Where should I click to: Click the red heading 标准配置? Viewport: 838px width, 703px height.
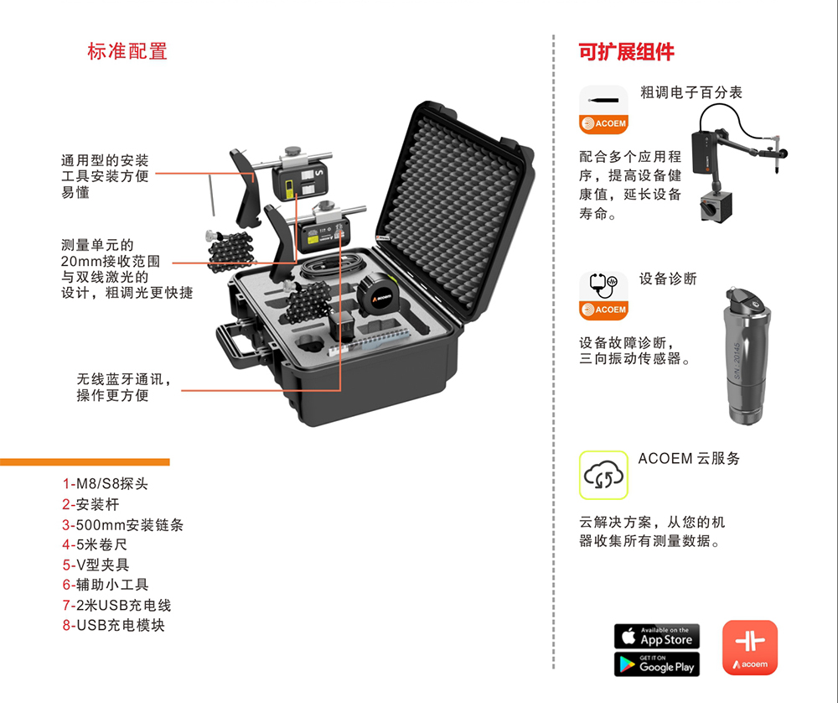[x=127, y=51]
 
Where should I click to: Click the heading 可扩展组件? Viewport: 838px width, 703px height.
[x=626, y=52]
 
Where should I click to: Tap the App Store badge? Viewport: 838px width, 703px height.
[x=657, y=636]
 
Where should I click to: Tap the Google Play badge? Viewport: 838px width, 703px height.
[x=657, y=664]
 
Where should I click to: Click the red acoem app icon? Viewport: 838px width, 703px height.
[x=750, y=648]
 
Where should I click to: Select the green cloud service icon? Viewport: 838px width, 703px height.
[x=603, y=475]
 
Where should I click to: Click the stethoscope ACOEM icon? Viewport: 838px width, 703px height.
[x=603, y=296]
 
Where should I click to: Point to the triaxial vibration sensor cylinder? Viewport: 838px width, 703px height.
[x=746, y=357]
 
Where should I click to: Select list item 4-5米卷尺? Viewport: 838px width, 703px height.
[x=95, y=544]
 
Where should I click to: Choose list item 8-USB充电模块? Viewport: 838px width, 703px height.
[x=113, y=625]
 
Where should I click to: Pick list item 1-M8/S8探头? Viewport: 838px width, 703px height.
[x=105, y=484]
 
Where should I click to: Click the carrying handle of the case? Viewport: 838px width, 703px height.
[x=235, y=344]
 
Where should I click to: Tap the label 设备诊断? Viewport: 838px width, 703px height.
[x=668, y=279]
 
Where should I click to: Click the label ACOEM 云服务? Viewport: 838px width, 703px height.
[x=689, y=459]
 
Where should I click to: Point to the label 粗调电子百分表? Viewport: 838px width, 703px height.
[x=691, y=92]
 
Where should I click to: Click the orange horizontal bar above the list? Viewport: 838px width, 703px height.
[x=85, y=461]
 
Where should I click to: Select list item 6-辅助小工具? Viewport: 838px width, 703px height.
[x=106, y=585]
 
